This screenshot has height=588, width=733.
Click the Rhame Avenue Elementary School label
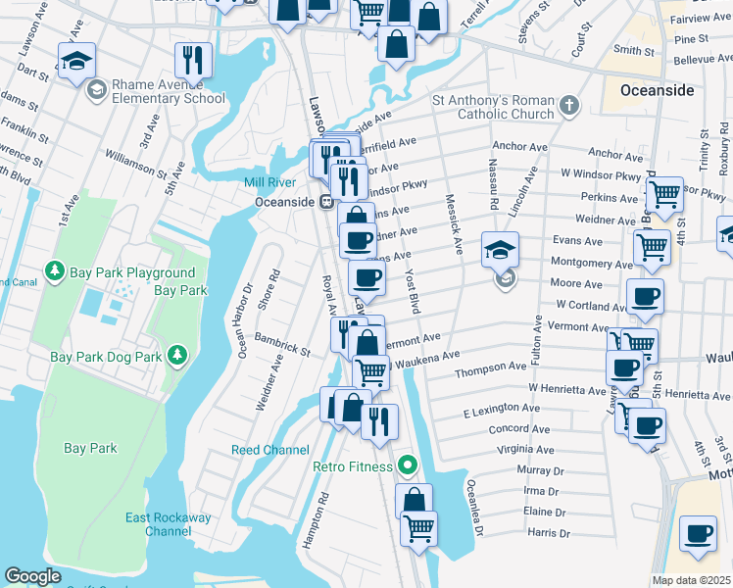click(168, 91)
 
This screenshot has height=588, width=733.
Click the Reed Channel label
click(270, 450)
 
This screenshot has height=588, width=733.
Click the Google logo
click(33, 576)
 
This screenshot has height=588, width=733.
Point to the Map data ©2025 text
click(691, 580)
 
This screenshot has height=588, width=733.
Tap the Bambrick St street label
click(282, 343)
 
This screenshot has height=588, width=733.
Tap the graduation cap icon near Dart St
click(76, 61)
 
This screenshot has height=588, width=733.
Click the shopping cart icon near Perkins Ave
click(665, 194)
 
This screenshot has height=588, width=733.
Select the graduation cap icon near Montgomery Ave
click(500, 251)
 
